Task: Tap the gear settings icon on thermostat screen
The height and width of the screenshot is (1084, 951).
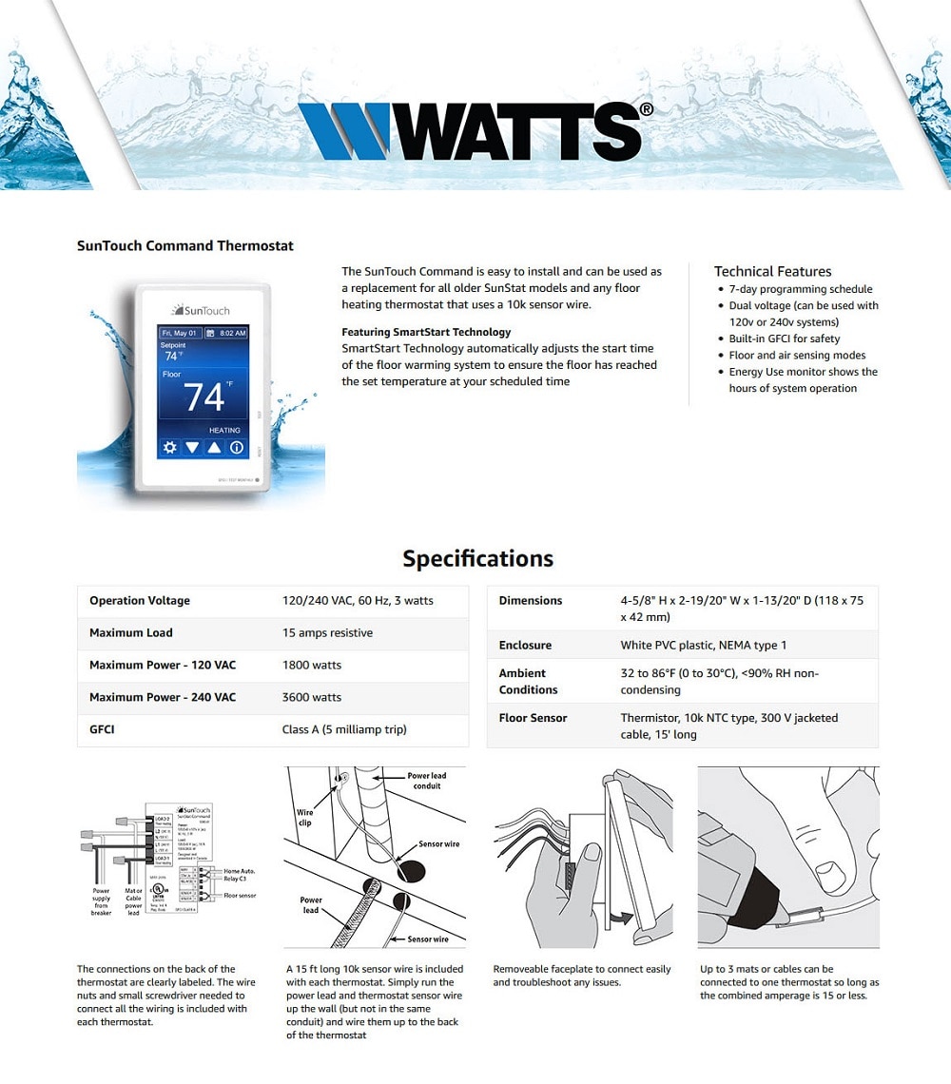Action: [x=170, y=448]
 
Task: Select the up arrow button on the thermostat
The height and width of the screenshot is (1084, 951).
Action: [x=215, y=448]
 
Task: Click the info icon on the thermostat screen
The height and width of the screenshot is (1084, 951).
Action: [x=237, y=448]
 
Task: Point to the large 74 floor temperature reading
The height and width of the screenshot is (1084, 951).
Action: [x=204, y=397]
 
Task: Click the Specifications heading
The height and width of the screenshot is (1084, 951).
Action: [x=477, y=558]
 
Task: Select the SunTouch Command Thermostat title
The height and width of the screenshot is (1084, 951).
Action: [x=185, y=245]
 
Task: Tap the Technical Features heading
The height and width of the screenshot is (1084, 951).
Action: [x=772, y=271]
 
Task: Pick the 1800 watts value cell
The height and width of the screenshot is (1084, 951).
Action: [x=312, y=665]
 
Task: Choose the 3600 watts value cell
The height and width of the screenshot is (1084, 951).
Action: [x=312, y=697]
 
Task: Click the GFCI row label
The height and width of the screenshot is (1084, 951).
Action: [x=103, y=729]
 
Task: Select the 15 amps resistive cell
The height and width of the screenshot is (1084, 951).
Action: [x=327, y=632]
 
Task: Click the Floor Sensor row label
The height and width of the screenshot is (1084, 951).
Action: [x=533, y=718]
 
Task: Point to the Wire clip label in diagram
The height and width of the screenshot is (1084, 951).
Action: [x=305, y=818]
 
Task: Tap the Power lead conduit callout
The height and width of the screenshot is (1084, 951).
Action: [x=426, y=781]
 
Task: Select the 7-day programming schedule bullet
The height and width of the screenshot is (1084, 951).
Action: [x=800, y=289]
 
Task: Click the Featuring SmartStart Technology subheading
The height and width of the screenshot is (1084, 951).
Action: [x=426, y=332]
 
